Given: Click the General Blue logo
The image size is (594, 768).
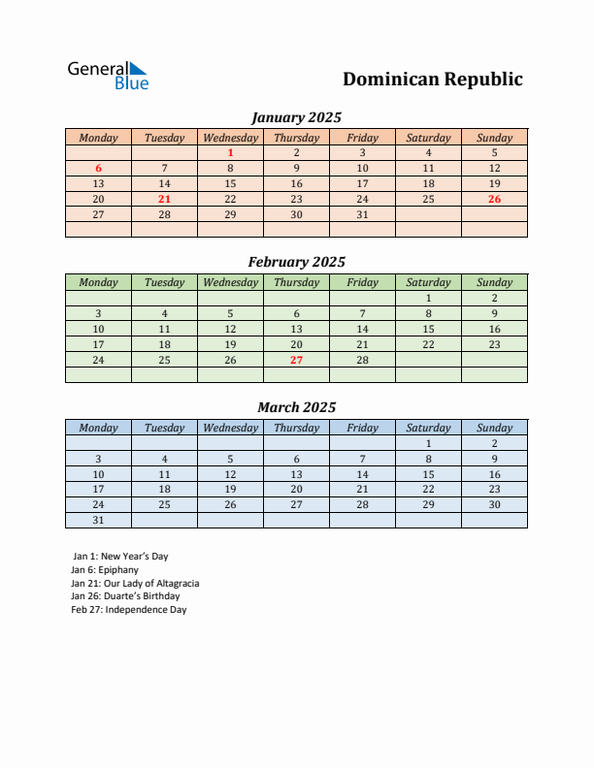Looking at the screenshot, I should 108,76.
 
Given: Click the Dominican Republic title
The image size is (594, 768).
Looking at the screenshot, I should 433,80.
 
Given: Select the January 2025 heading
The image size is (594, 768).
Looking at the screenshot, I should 296,117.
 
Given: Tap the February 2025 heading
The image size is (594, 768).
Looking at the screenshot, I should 296,262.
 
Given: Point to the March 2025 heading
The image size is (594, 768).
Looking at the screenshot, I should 296,407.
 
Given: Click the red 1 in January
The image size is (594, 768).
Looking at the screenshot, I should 230,152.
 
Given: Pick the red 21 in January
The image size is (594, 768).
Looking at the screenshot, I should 164,199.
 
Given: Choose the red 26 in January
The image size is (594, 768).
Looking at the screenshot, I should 494,199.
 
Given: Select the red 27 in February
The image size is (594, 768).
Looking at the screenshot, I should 296,360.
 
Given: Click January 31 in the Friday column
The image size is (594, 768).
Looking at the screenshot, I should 362,214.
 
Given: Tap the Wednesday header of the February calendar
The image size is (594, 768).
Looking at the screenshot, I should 230,282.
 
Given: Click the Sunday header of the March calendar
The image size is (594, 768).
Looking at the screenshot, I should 494,428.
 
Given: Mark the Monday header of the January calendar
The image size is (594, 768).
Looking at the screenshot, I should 98,138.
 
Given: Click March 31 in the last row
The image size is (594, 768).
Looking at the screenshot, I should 98,520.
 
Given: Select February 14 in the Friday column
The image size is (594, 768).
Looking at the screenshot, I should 362,329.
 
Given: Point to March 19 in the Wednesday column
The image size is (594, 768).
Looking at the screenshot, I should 230,490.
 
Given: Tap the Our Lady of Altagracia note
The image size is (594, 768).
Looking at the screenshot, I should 135,584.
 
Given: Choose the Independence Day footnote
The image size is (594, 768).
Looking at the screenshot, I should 129,610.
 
